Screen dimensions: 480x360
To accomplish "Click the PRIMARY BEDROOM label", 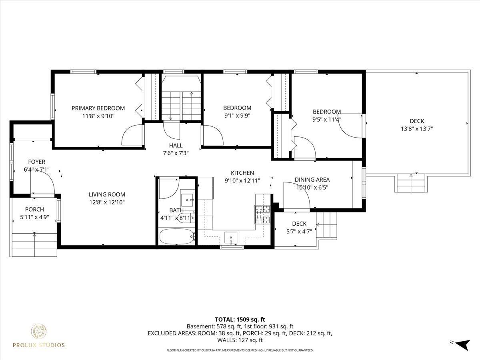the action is pyautogui.click(x=98, y=108).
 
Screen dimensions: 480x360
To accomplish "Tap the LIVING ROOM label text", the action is pyautogui.click(x=107, y=194).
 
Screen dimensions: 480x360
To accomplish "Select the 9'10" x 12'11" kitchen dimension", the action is pyautogui.click(x=242, y=181).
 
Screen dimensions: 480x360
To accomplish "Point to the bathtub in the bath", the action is pyautogui.click(x=177, y=236).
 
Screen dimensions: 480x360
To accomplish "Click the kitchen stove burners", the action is pyautogui.click(x=262, y=214).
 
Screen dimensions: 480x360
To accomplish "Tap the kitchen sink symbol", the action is pyautogui.click(x=231, y=238).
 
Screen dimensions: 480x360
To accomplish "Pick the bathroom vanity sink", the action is pyautogui.click(x=187, y=200).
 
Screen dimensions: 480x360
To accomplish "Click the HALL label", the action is pyautogui.click(x=176, y=146).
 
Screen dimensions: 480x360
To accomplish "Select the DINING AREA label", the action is pyautogui.click(x=312, y=180).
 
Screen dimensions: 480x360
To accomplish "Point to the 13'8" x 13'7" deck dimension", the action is pyautogui.click(x=417, y=129).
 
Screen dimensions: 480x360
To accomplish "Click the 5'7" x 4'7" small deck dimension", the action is pyautogui.click(x=299, y=232).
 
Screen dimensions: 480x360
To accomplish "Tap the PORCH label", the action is pyautogui.click(x=34, y=209).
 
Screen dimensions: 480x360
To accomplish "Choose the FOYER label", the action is pyautogui.click(x=37, y=162).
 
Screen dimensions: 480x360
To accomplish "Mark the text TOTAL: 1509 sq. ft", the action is pyautogui.click(x=240, y=320).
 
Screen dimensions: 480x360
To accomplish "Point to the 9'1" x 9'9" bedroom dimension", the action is pyautogui.click(x=237, y=116).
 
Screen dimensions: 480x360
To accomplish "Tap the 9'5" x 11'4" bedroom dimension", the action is pyautogui.click(x=327, y=119).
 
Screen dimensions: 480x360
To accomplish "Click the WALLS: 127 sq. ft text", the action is pyautogui.click(x=240, y=340).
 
